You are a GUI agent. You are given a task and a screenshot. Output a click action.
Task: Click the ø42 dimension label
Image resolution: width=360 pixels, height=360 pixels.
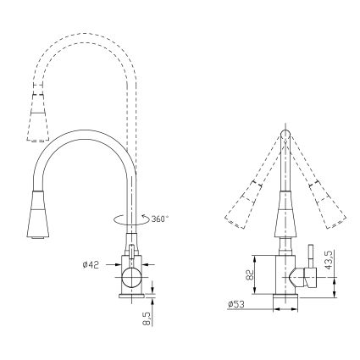(x=91, y=264)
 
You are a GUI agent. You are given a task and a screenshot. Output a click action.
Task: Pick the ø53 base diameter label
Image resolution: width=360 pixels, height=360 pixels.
(x=237, y=306)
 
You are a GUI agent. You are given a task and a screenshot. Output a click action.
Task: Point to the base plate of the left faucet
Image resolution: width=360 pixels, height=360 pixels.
(x=132, y=296)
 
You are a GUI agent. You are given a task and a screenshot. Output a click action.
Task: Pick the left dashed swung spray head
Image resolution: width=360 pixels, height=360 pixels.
(x=243, y=202)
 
